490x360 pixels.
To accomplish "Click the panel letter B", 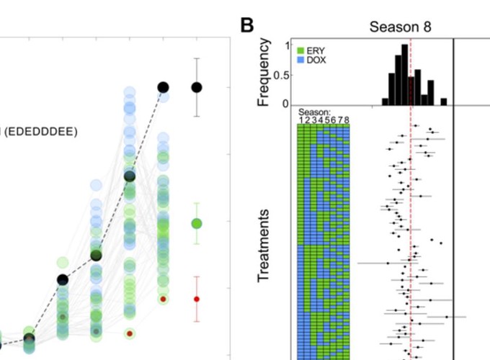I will [x=247, y=25].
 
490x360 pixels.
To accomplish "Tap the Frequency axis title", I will [x=264, y=73].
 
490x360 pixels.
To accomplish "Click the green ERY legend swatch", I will [x=300, y=50].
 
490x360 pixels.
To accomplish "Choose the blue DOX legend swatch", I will [x=300, y=60].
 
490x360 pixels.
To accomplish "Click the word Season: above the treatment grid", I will [x=314, y=112].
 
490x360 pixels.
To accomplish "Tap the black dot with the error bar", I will [x=196, y=87].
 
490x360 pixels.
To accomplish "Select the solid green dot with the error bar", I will [x=196, y=223].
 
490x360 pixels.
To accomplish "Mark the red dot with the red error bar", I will [x=196, y=298].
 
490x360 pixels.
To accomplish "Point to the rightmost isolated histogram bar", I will [x=444, y=102].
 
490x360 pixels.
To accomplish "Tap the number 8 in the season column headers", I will [x=347, y=120].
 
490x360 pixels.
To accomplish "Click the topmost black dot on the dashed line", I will [x=163, y=87].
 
